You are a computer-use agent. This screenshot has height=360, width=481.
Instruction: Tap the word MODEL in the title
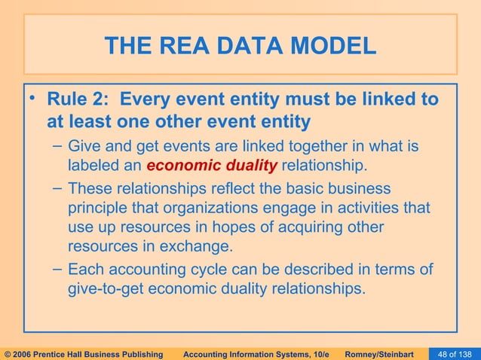click(x=335, y=47)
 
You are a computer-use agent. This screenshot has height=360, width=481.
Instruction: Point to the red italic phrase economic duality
click(x=213, y=165)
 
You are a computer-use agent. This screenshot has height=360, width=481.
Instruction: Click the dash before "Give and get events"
click(x=57, y=145)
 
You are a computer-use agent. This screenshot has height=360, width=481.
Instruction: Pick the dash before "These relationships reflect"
click(x=57, y=188)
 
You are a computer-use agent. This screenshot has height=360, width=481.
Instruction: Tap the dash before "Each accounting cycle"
click(x=57, y=269)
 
